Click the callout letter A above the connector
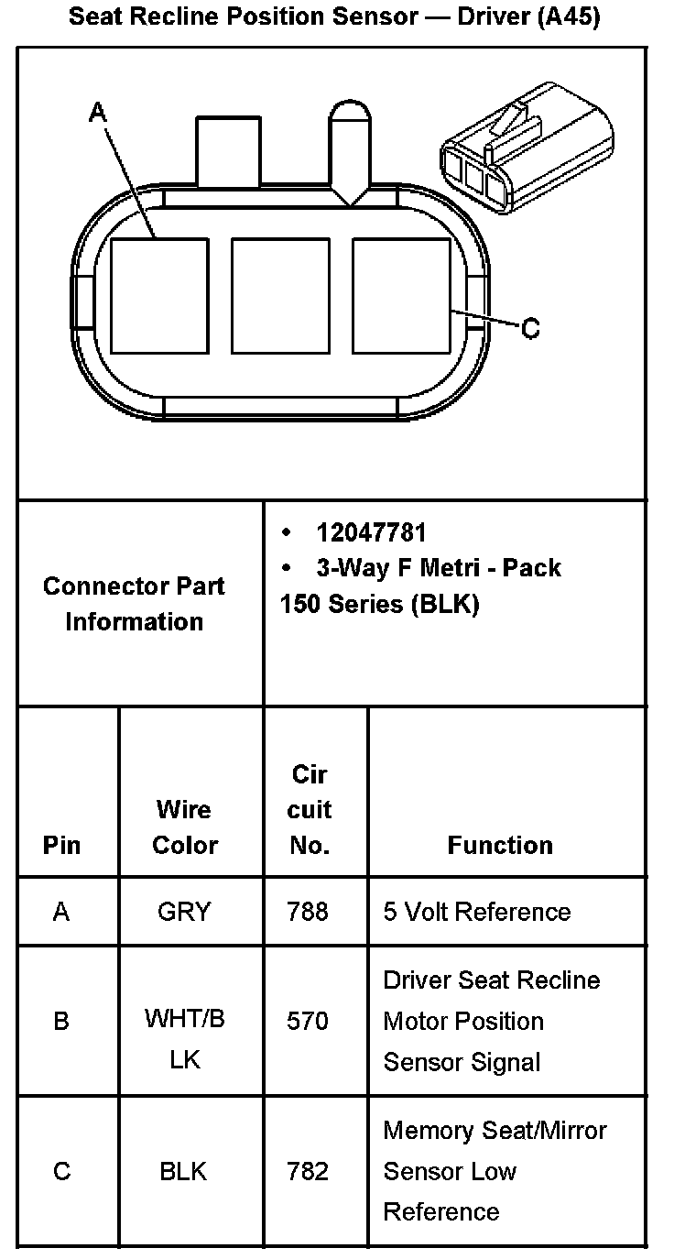tap(98, 112)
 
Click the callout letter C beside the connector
tap(530, 328)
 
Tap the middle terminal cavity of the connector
tap(280, 295)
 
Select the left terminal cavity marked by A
tap(159, 295)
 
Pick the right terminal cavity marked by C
tap(401, 295)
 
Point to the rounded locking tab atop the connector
tap(350, 147)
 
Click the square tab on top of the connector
tap(228, 147)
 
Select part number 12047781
tap(371, 532)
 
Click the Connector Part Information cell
tap(134, 604)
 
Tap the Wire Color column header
tap(184, 827)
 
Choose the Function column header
tap(500, 845)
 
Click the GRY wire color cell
tap(184, 912)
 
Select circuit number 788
tap(308, 912)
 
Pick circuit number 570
tap(308, 1021)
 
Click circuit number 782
tap(308, 1171)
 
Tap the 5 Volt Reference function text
tap(477, 912)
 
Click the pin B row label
tap(61, 1021)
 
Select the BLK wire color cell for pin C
tap(183, 1171)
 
